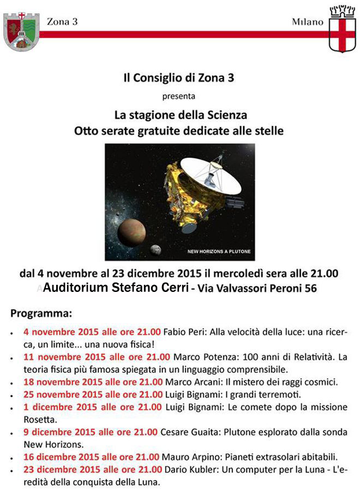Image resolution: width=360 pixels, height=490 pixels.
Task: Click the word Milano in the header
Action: tap(308, 22)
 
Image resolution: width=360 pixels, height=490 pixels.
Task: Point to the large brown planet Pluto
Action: tap(131, 232)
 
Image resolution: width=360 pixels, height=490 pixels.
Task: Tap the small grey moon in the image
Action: tap(155, 249)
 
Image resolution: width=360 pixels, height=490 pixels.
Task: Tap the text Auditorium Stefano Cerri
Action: tap(116, 287)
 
